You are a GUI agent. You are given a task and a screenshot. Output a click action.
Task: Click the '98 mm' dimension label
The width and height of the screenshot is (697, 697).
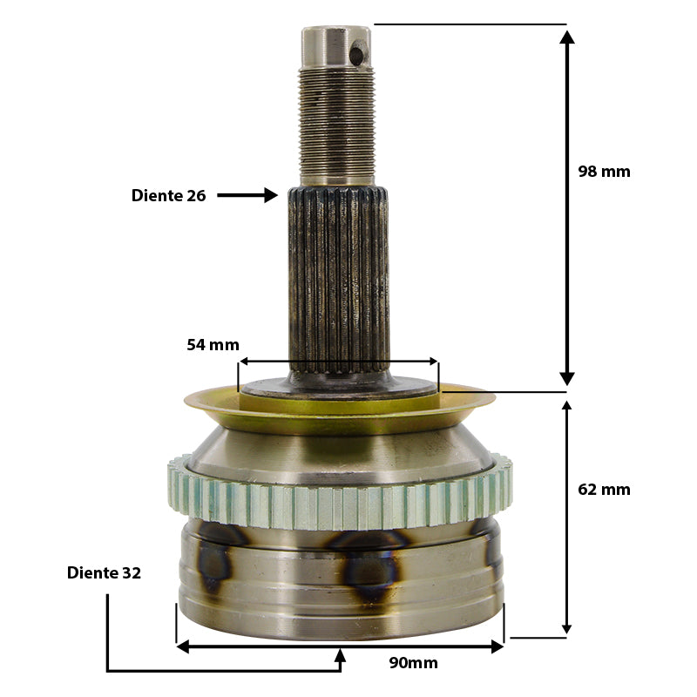(x=604, y=172)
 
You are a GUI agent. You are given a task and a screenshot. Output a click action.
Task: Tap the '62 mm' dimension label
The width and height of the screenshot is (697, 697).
(x=604, y=490)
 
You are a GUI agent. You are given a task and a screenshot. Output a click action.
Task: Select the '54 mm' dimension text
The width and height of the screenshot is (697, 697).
(x=213, y=345)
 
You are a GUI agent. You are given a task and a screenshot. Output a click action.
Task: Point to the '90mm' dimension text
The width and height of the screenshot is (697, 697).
(x=413, y=663)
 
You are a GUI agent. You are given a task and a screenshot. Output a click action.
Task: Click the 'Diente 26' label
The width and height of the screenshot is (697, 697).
(x=168, y=195)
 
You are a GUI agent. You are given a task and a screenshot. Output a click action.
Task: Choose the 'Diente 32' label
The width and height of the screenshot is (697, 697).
(x=104, y=573)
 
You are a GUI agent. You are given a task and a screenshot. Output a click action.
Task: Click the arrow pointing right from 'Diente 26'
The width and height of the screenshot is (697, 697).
(x=247, y=195)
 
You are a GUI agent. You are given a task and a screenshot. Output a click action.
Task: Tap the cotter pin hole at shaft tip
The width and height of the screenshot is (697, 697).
(x=357, y=55)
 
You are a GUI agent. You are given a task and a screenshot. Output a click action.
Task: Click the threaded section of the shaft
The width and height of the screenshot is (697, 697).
(x=336, y=125)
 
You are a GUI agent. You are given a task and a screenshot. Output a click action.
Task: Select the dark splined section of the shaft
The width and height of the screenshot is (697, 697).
(x=339, y=280)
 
